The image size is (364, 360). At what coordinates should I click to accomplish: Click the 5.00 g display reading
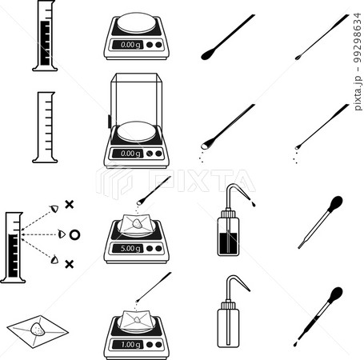130,249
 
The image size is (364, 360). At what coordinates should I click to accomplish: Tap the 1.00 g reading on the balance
130,345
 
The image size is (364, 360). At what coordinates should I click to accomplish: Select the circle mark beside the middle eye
74,234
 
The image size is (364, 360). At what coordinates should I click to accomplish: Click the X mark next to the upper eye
70,205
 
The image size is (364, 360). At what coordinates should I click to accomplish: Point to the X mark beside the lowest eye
70,264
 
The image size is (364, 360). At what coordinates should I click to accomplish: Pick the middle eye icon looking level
62,234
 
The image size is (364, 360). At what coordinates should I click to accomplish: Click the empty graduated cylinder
45,127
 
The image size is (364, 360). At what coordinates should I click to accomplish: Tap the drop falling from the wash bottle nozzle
253,204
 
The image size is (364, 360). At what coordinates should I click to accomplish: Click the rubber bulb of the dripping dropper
336,294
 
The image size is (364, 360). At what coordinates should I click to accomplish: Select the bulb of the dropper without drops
336,202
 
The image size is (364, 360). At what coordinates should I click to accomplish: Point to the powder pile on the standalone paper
38,330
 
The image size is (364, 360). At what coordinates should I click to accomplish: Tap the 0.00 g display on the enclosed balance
130,154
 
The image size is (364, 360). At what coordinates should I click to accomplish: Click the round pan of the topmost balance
136,22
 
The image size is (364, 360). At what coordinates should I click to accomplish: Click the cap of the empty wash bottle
228,305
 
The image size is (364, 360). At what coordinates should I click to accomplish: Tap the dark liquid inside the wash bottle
228,243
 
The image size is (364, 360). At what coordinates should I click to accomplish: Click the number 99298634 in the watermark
358,38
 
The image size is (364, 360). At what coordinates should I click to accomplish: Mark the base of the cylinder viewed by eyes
13,280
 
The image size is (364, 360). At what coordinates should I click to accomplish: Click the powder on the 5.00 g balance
137,223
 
